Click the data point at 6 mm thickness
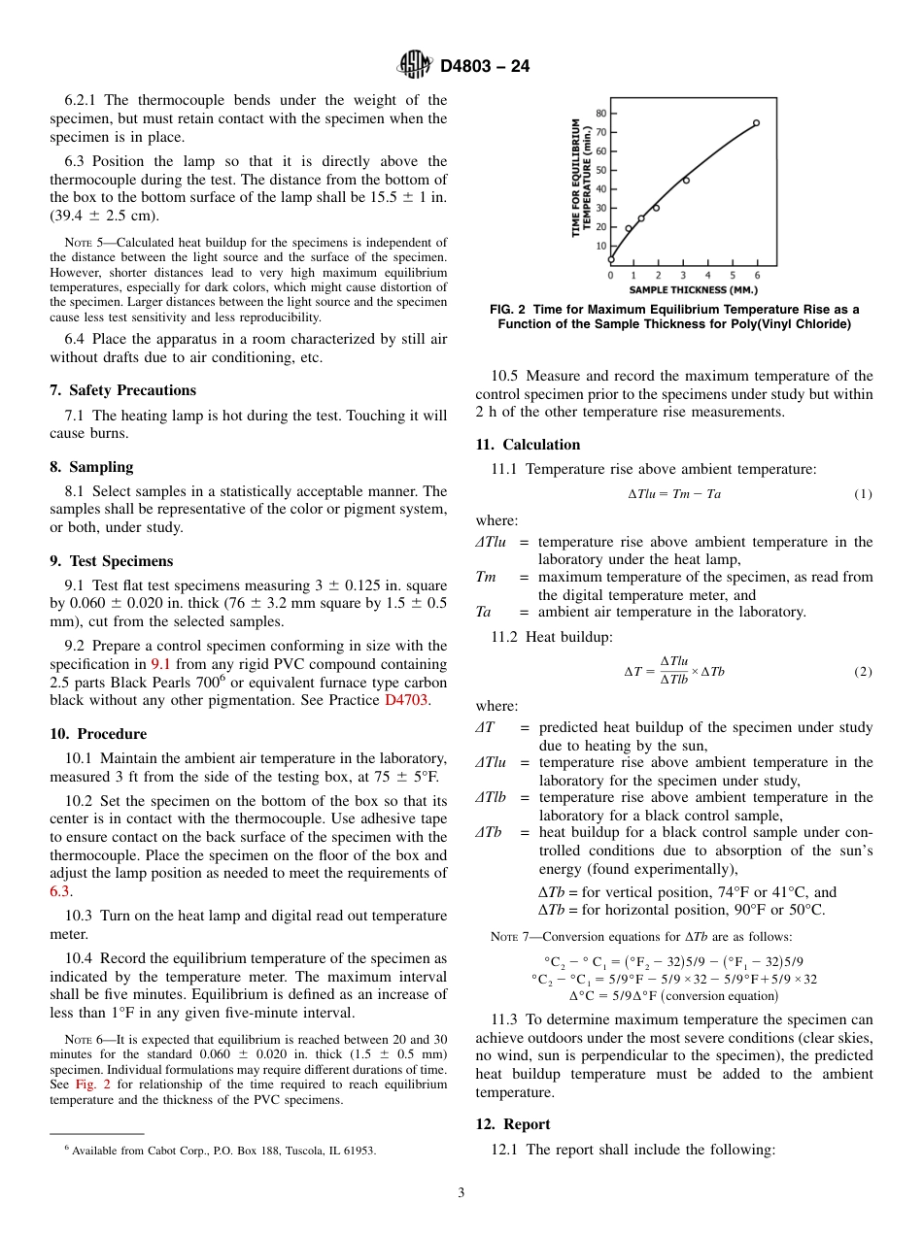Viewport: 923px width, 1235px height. pos(756,123)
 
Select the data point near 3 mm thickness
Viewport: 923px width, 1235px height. pos(686,181)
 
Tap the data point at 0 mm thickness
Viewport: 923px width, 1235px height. pos(611,259)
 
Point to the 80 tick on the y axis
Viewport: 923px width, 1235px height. pos(600,114)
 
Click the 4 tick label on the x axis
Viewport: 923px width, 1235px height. pos(707,276)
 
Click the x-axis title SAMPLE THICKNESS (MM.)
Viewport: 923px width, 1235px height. pos(693,289)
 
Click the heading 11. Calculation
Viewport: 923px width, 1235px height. pos(528,445)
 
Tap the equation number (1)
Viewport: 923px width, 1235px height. pos(863,494)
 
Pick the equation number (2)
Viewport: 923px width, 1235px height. pos(863,672)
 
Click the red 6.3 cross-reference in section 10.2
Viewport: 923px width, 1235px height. pos(59,890)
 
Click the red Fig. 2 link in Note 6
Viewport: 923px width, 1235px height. pos(86,1084)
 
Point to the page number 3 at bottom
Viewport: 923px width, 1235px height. pos(461,1193)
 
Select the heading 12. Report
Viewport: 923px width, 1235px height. pos(513,1124)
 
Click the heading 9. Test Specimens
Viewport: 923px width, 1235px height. pos(111,561)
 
